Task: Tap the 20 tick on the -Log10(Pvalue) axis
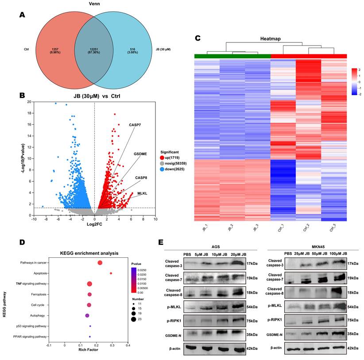point(29,102)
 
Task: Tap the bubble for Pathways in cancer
point(100,263)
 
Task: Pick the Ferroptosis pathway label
point(37,294)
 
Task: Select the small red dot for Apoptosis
point(111,273)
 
